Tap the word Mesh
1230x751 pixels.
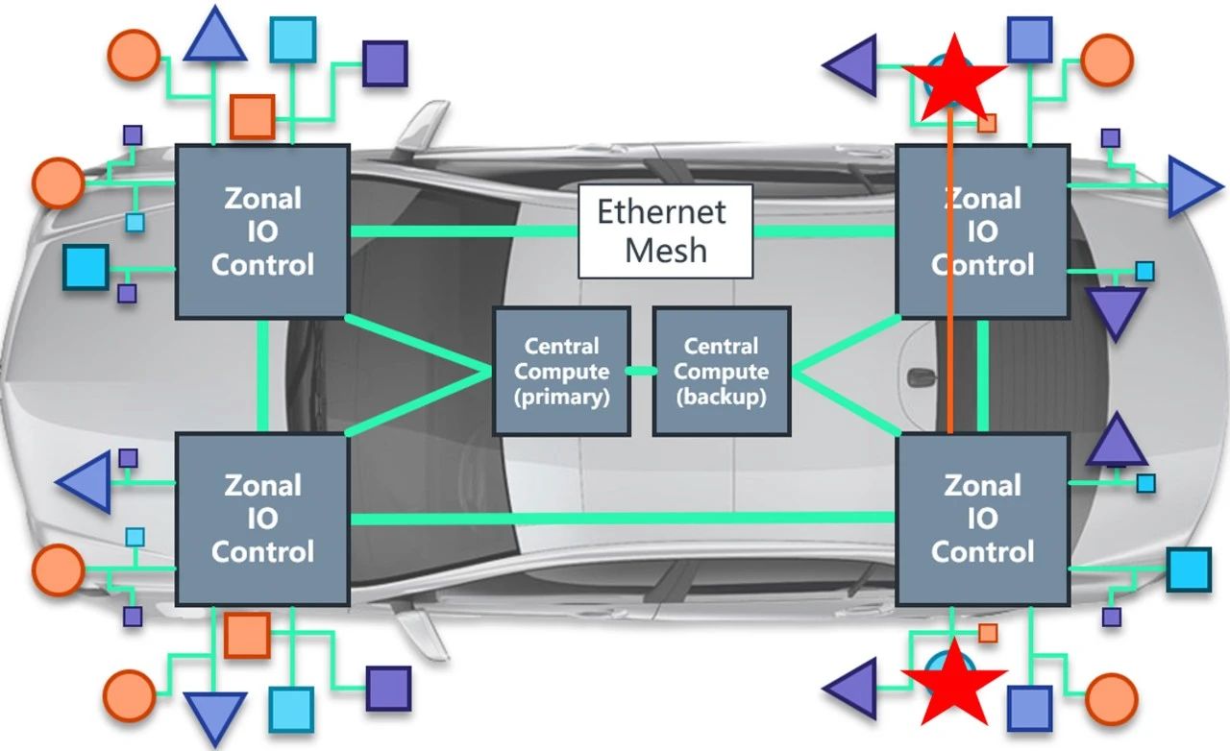pos(665,251)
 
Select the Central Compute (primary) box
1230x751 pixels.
pos(561,371)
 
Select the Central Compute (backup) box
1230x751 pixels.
pos(721,371)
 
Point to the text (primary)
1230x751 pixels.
pos(562,397)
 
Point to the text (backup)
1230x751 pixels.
pos(721,397)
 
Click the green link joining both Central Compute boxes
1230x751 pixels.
pos(641,371)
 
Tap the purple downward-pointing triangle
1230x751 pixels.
pos(1115,311)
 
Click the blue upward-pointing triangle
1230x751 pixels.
pos(214,36)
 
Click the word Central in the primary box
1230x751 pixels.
pos(562,346)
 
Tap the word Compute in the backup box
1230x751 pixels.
pos(721,372)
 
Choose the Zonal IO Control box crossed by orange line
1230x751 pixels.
pos(982,231)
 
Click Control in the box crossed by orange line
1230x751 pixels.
pos(982,265)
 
